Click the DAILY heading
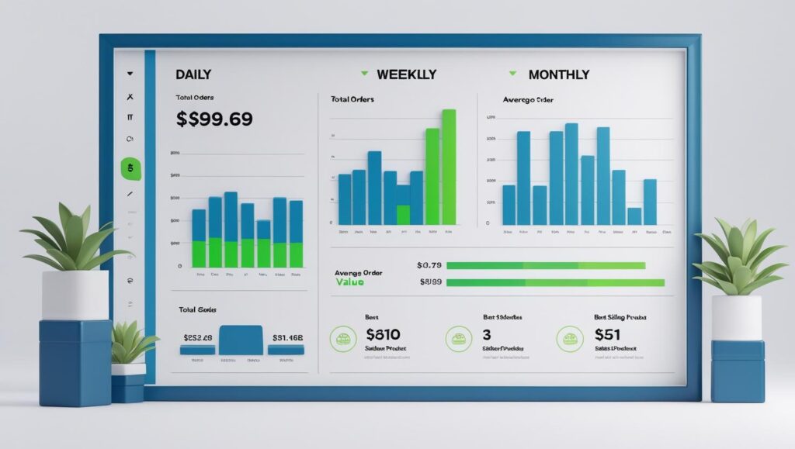[193, 74]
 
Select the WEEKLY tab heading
[406, 74]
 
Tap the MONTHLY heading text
[558, 74]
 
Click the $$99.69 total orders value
[214, 119]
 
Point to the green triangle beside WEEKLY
[364, 74]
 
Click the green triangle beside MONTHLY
[512, 74]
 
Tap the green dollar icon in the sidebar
[130, 168]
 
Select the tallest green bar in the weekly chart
[448, 166]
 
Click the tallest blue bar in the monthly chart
[571, 174]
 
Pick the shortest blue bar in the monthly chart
[634, 216]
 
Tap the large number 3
[487, 335]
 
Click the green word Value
[351, 282]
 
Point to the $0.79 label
[429, 265]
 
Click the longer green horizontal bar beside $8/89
[556, 282]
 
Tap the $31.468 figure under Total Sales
[287, 337]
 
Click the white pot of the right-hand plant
[736, 317]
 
